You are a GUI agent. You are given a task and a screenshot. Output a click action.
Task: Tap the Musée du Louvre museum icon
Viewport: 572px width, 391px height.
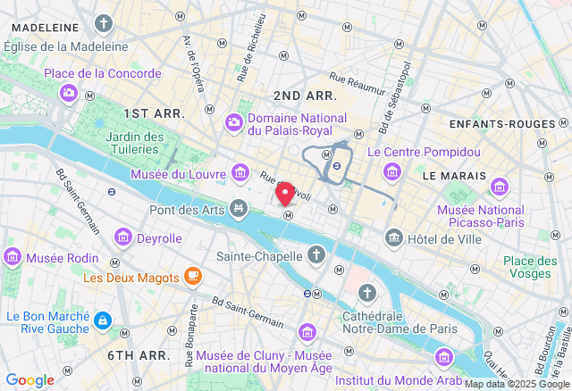coord(240,172)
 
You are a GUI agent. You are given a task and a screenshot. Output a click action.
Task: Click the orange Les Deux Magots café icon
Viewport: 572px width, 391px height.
coord(192,277)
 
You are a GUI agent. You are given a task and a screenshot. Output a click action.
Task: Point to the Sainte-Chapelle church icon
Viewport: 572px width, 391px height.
coord(315,256)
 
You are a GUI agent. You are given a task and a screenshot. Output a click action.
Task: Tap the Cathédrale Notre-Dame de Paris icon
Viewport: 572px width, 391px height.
coord(367,293)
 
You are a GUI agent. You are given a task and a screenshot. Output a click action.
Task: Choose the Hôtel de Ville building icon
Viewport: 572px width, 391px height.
coord(393,237)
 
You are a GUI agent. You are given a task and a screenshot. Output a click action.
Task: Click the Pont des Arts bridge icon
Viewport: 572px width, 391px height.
coord(239,208)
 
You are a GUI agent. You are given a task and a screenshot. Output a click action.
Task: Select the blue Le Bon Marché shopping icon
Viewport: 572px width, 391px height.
coord(103,319)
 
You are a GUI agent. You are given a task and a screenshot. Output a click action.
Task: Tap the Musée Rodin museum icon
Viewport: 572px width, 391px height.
coord(13,257)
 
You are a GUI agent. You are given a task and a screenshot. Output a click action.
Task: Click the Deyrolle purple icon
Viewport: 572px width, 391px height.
coord(122,237)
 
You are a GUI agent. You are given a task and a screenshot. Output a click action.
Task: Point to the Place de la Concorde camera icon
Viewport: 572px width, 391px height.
coord(68,91)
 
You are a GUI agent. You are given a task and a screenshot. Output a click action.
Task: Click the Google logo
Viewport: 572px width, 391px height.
coord(29,379)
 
